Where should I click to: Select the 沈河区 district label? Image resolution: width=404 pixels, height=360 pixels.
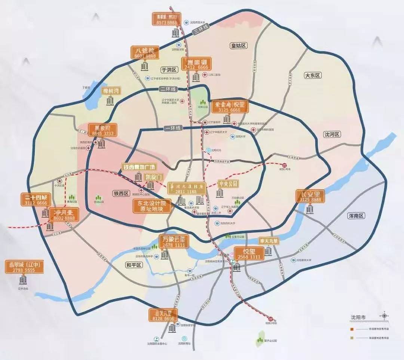pyautogui.click(x=333, y=135)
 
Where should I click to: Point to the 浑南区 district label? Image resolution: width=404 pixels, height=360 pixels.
pyautogui.click(x=356, y=216)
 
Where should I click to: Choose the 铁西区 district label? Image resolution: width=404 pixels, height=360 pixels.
pyautogui.click(x=121, y=193)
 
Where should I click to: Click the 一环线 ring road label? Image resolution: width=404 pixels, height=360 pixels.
pyautogui.click(x=173, y=128)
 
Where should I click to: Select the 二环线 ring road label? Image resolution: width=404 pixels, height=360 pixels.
pyautogui.click(x=168, y=89)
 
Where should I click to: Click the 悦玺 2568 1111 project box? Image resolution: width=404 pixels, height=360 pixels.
pyautogui.click(x=249, y=253)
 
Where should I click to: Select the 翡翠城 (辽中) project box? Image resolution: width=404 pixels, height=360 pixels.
pyautogui.click(x=25, y=267)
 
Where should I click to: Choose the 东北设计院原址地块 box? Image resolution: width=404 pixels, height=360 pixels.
pyautogui.click(x=152, y=206)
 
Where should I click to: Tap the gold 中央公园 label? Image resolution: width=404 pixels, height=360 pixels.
pyautogui.click(x=228, y=184)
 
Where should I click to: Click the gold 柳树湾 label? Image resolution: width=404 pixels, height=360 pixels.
pyautogui.click(x=111, y=91)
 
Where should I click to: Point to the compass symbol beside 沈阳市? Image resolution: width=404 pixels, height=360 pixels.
pyautogui.click(x=384, y=316)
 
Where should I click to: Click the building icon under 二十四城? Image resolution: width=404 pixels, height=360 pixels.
pyautogui.click(x=45, y=213)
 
